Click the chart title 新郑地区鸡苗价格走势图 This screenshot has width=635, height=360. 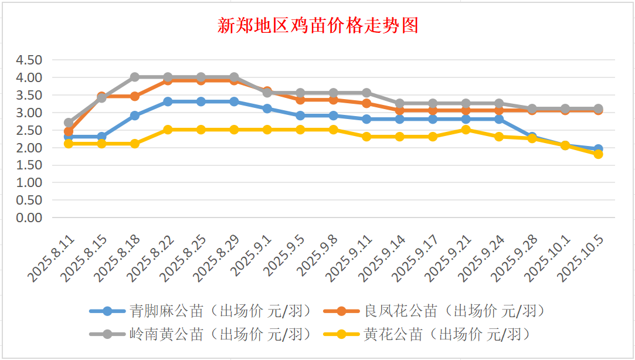click(x=317, y=26)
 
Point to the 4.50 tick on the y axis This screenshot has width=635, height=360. click(x=29, y=60)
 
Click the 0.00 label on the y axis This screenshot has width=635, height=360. click(x=29, y=218)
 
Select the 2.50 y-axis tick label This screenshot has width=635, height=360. click(x=29, y=130)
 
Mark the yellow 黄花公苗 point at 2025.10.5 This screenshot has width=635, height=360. click(x=598, y=154)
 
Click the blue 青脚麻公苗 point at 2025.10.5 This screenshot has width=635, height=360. click(x=598, y=149)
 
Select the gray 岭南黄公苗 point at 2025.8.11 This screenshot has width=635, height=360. click(x=69, y=123)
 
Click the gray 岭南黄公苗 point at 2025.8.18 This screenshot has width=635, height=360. click(x=135, y=77)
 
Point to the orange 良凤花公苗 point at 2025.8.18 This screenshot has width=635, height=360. click(x=135, y=96)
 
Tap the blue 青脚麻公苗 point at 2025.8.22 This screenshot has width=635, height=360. click(x=168, y=101)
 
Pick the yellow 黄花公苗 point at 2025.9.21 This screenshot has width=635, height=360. click(x=466, y=130)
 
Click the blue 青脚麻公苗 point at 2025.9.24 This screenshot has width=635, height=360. click(x=499, y=119)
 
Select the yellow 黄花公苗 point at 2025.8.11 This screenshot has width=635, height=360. click(x=69, y=144)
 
